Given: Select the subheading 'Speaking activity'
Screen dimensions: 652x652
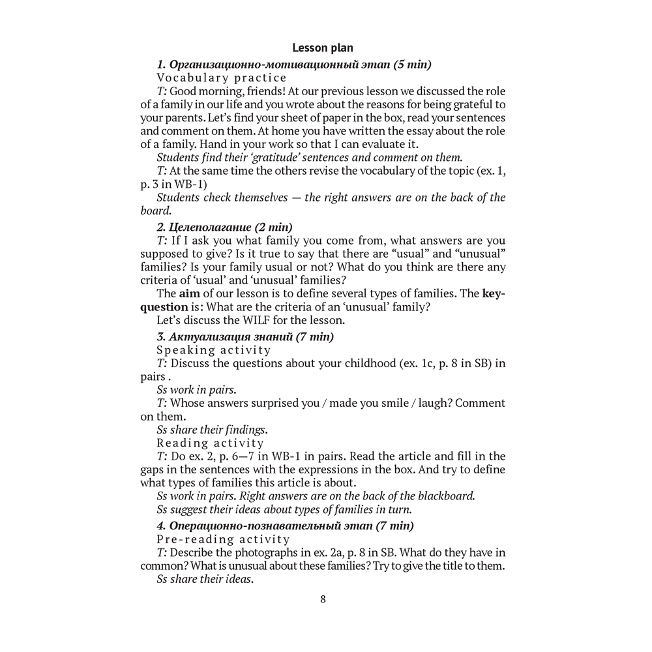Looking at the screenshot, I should (x=214, y=350).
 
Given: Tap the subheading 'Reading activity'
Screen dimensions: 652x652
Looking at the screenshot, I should (x=211, y=443).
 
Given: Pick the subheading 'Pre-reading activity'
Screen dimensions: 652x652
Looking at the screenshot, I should (x=224, y=539).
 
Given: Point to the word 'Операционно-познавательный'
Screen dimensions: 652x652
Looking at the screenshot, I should (x=255, y=526).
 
